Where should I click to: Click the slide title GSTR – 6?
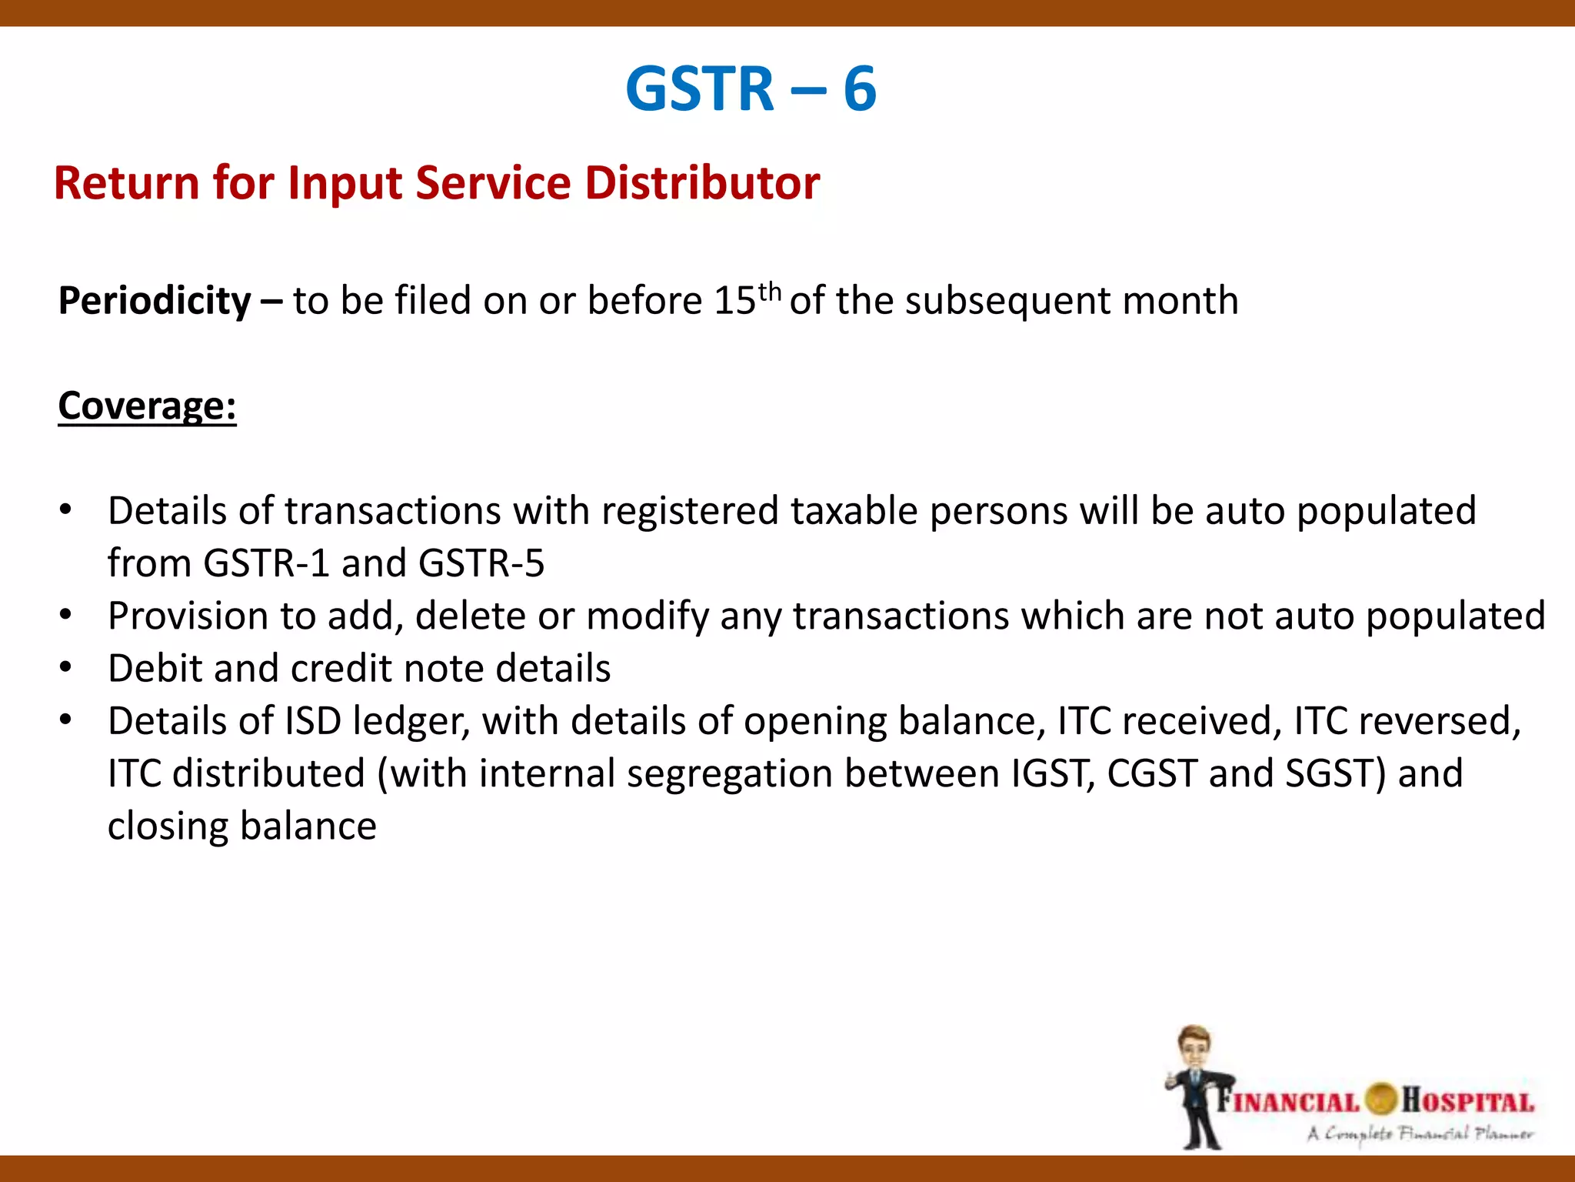pyautogui.click(x=751, y=88)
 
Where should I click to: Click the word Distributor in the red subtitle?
pyautogui.click(x=701, y=183)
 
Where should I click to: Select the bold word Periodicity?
pyautogui.click(x=155, y=301)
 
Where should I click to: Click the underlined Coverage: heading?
pyautogui.click(x=147, y=406)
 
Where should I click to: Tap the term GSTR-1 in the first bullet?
pyautogui.click(x=267, y=563)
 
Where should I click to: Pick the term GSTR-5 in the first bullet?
pyautogui.click(x=481, y=563)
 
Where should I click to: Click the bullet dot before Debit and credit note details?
pyautogui.click(x=66, y=667)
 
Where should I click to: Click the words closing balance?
pyautogui.click(x=242, y=826)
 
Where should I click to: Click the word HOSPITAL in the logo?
pyautogui.click(x=1467, y=1101)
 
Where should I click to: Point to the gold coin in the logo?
pyautogui.click(x=1381, y=1099)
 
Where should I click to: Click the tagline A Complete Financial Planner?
pyautogui.click(x=1420, y=1134)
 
